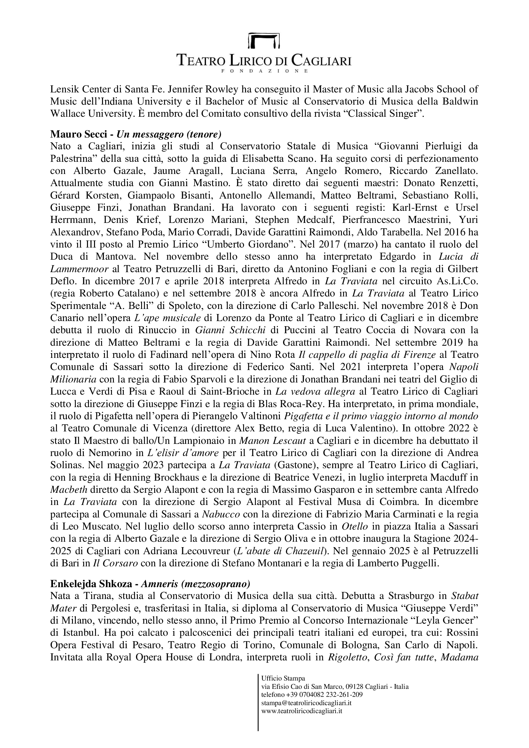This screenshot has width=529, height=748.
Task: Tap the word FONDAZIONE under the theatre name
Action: click(x=264, y=71)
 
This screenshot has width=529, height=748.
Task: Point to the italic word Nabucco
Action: click(x=221, y=515)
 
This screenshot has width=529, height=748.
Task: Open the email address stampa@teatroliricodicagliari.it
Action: click(x=306, y=703)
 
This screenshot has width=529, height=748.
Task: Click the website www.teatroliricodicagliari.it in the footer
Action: click(x=302, y=711)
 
